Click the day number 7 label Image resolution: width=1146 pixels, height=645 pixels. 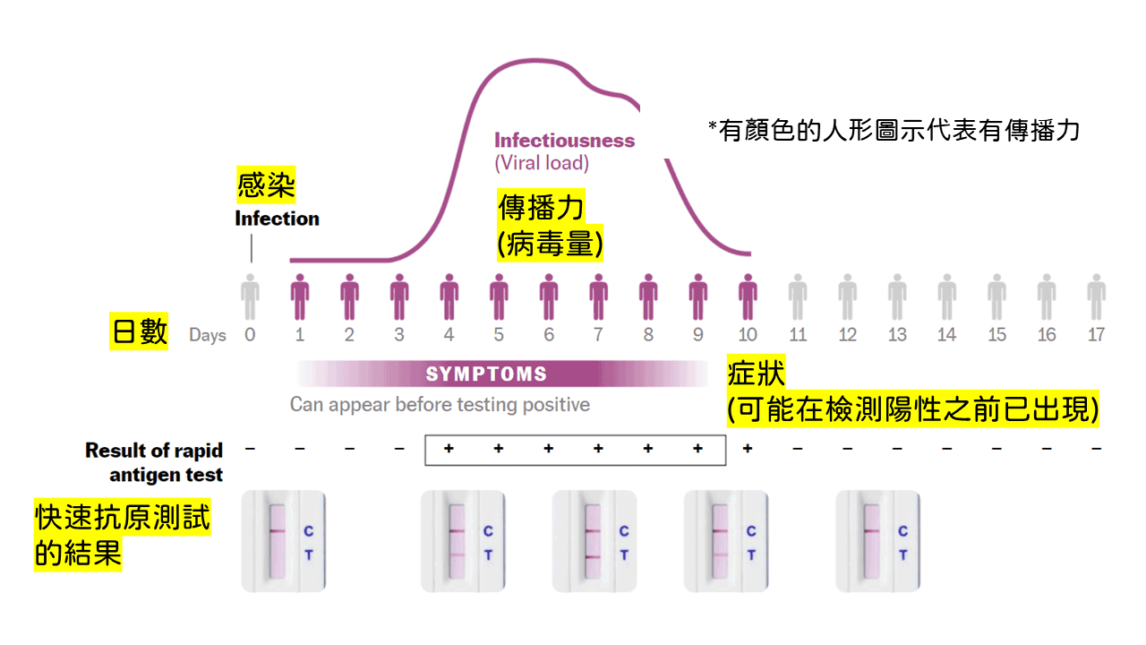coord(598,335)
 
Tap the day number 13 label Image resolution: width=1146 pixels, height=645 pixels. coord(897,335)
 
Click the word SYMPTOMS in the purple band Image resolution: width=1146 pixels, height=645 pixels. coord(486,374)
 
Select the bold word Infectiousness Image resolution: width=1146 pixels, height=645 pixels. coord(564,141)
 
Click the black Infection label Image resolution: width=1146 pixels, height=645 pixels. coord(277,219)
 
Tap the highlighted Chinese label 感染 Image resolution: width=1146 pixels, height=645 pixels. coord(266,186)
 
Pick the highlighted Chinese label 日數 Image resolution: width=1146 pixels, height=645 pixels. coord(139,331)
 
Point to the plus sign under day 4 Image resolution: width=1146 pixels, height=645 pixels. coord(449,448)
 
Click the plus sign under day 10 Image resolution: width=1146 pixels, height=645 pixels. coord(748,448)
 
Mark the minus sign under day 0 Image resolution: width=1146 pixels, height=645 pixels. coord(250,448)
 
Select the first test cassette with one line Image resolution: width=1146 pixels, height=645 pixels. coord(284,541)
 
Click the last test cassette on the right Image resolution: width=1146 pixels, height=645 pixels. coord(877,541)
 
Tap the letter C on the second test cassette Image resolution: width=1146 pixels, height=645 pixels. coord(488,531)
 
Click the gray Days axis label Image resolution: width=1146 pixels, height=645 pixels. coord(207,336)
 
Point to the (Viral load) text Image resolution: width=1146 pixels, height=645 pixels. coord(542,163)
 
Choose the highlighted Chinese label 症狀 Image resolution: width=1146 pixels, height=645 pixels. coord(757,374)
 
